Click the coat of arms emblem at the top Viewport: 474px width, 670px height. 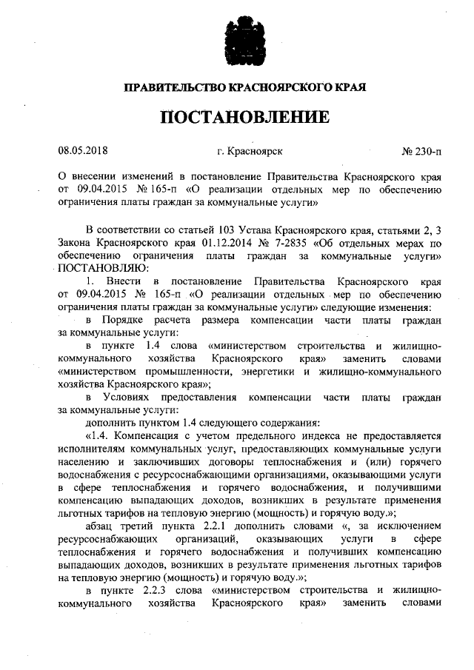pyautogui.click(x=236, y=43)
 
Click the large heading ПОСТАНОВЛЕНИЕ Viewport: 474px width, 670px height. pyautogui.click(x=236, y=117)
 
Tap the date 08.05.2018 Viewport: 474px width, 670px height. pyautogui.click(x=83, y=151)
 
